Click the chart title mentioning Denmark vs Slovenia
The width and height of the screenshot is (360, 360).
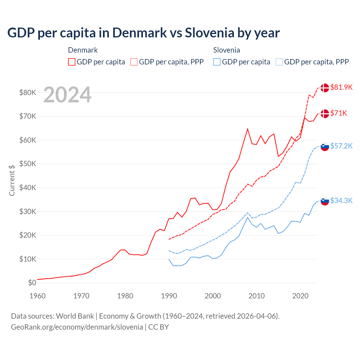pos(143,33)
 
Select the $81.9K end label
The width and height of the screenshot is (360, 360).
pos(341,87)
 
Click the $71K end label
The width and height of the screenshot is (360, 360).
pos(339,113)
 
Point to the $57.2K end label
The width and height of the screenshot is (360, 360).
pos(341,146)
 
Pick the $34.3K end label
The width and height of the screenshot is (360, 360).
pos(341,201)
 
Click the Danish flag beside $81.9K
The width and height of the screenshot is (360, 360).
pos(325,88)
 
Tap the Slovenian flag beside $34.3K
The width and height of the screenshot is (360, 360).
pos(325,201)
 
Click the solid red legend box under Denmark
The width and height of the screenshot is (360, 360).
pos(72,62)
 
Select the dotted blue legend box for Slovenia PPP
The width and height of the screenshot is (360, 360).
pos(279,62)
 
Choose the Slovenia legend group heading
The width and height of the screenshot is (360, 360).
pos(226,50)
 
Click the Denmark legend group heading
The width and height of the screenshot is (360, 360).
pos(83,50)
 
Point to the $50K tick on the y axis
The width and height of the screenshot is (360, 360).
pos(28,164)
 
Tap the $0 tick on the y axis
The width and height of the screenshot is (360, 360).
pos(32,283)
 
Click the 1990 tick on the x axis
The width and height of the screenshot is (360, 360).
pos(169,296)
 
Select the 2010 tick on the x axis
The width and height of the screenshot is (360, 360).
pos(256,296)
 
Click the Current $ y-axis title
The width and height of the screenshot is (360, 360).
pos(12,180)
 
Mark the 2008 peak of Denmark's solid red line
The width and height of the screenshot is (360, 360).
pos(247,129)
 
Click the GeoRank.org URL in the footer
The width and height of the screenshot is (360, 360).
pos(77,327)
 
